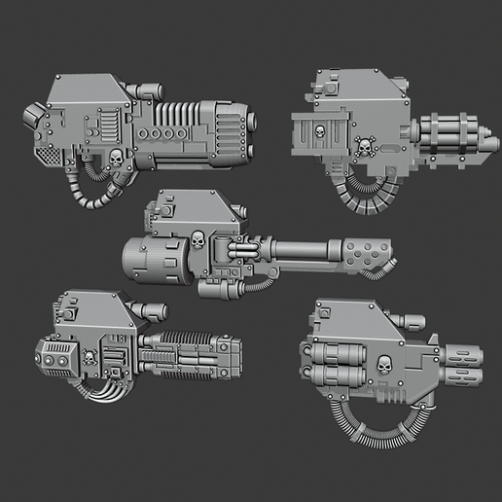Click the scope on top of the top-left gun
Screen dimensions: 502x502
(149, 91)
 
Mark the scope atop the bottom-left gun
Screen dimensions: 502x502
(148, 311)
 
